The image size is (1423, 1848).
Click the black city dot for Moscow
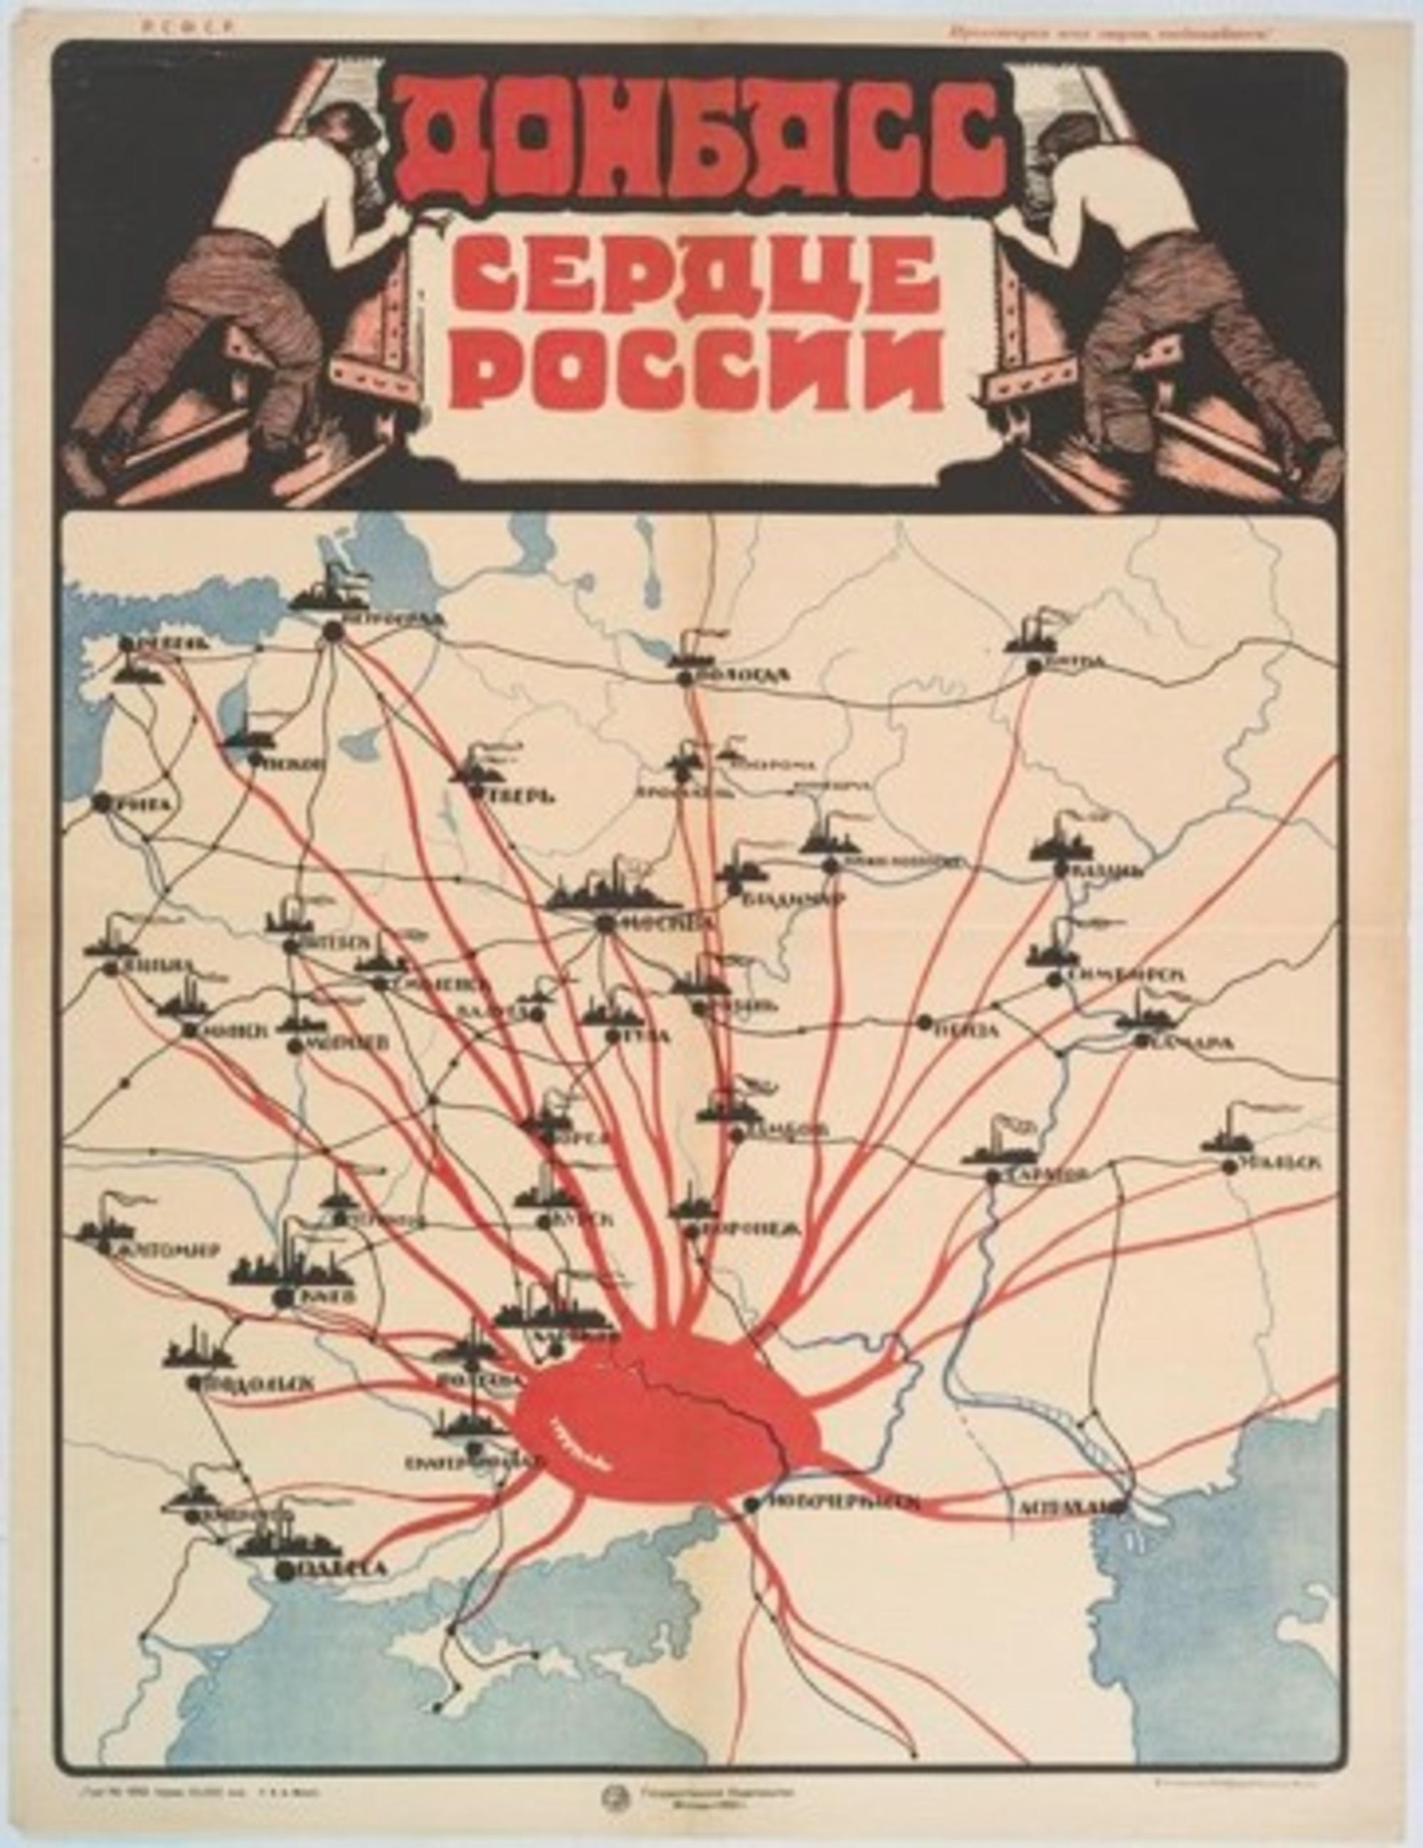coord(604,923)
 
